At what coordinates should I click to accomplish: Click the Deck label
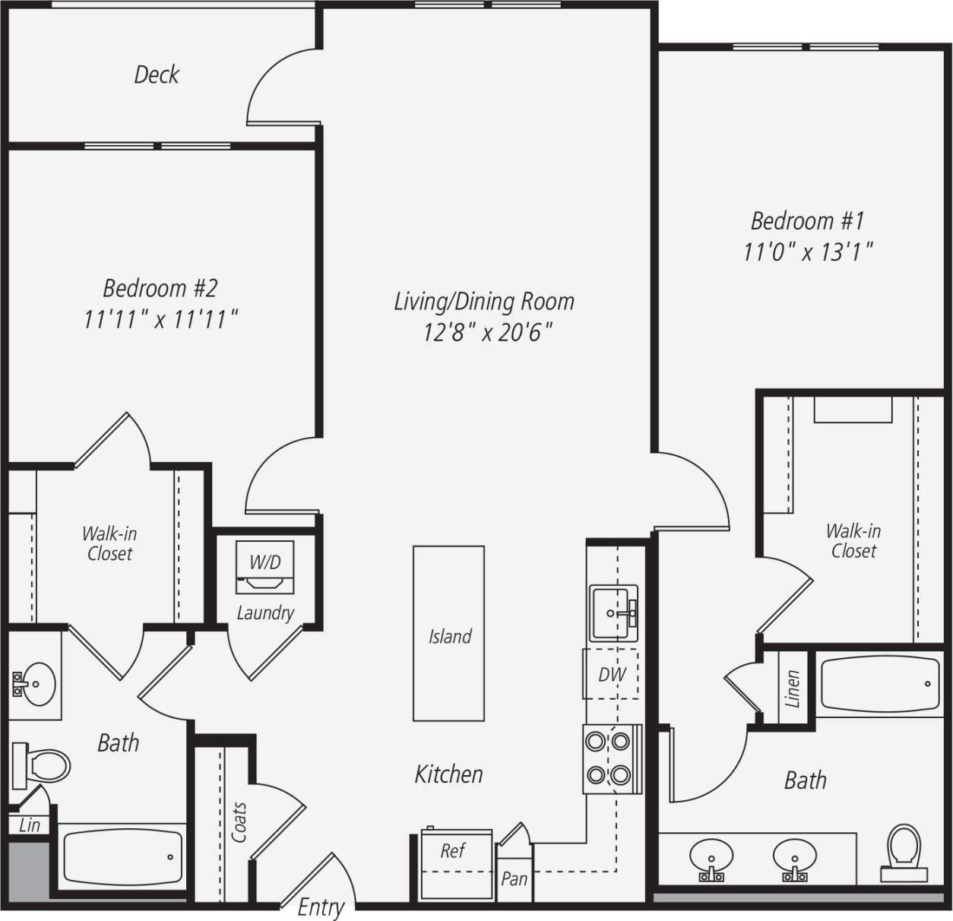click(x=157, y=74)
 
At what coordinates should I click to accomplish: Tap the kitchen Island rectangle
click(x=448, y=633)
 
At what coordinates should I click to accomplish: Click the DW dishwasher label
click(x=611, y=674)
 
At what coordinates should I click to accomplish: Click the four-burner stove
click(x=609, y=758)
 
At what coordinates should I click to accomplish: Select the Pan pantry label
click(x=514, y=879)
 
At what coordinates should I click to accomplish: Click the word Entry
click(x=321, y=907)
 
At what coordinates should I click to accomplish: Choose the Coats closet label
click(x=239, y=822)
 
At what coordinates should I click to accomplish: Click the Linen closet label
click(x=792, y=688)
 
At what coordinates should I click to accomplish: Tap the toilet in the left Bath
click(x=42, y=764)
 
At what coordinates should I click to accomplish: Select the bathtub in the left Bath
click(x=122, y=856)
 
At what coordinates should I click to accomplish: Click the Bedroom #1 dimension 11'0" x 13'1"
click(x=808, y=251)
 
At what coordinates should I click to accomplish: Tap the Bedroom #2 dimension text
click(x=160, y=319)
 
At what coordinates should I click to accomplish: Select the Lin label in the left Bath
click(x=29, y=825)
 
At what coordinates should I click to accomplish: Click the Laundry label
click(x=265, y=612)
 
